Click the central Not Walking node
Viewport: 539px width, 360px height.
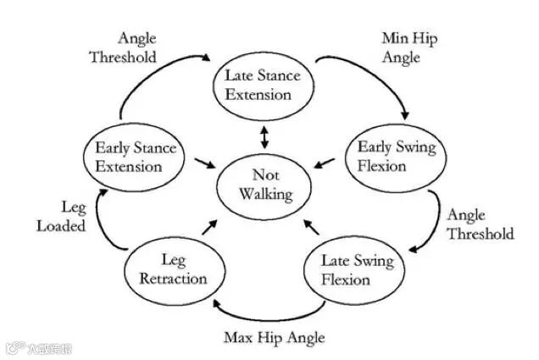[x=265, y=186]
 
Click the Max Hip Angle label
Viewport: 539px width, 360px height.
[x=275, y=337]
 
